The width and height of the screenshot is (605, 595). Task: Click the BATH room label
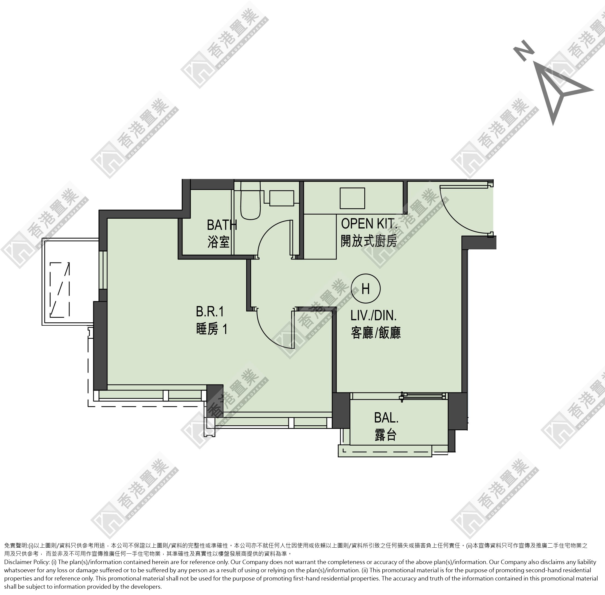pos(222,225)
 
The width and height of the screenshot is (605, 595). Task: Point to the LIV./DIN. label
pos(374,315)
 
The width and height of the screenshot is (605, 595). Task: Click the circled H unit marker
pos(365,288)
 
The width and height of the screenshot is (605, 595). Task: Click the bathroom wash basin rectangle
pos(282,198)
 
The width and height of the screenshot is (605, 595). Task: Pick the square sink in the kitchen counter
pos(352,198)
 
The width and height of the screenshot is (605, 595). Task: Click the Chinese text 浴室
pos(218,242)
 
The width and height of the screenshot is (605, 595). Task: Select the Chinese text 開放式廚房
pos(369,241)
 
